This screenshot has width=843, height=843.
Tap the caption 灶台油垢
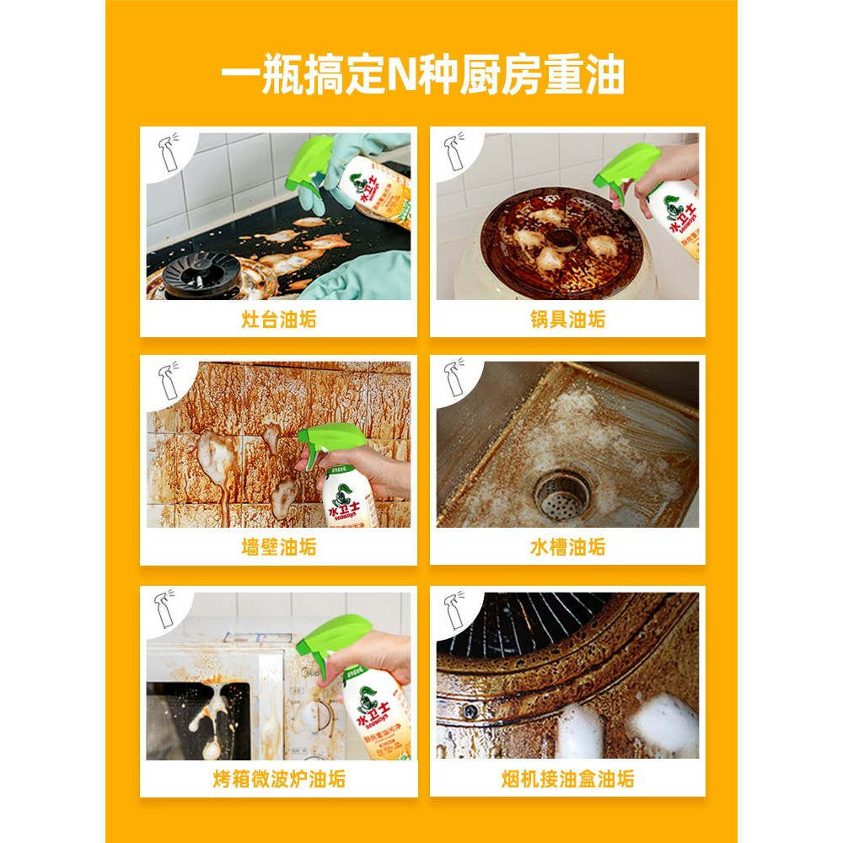click(x=278, y=320)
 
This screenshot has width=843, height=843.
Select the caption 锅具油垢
click(x=567, y=320)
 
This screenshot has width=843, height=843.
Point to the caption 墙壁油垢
click(x=278, y=548)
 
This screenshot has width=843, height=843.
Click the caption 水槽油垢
click(x=567, y=548)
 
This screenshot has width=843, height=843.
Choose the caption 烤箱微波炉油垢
click(x=278, y=779)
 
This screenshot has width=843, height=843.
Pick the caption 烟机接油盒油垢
click(x=567, y=779)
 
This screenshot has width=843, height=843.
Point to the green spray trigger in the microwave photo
click(x=337, y=636)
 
